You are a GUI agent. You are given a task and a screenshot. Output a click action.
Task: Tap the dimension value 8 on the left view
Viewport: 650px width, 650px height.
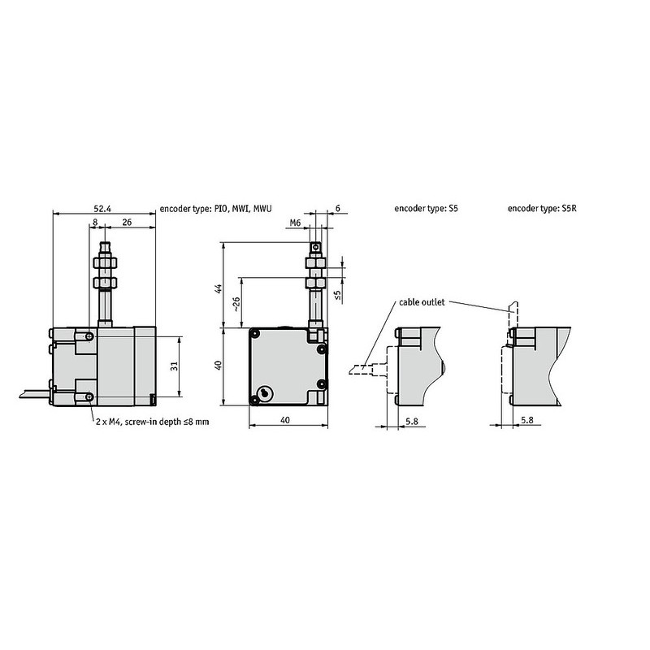95,221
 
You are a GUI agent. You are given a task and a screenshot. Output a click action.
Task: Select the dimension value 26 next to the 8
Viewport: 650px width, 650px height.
127,221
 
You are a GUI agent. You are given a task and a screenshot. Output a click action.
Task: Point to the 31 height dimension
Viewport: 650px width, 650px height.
174,367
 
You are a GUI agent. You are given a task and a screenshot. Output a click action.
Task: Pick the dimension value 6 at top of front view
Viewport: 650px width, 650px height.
338,208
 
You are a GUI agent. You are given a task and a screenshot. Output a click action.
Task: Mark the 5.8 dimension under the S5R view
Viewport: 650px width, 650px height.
527,420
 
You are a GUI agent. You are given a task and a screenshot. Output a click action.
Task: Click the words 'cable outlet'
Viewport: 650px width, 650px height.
421,302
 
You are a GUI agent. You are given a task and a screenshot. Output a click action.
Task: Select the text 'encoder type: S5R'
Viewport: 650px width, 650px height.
541,209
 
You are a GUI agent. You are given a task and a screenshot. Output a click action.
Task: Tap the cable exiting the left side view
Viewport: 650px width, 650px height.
31,394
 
